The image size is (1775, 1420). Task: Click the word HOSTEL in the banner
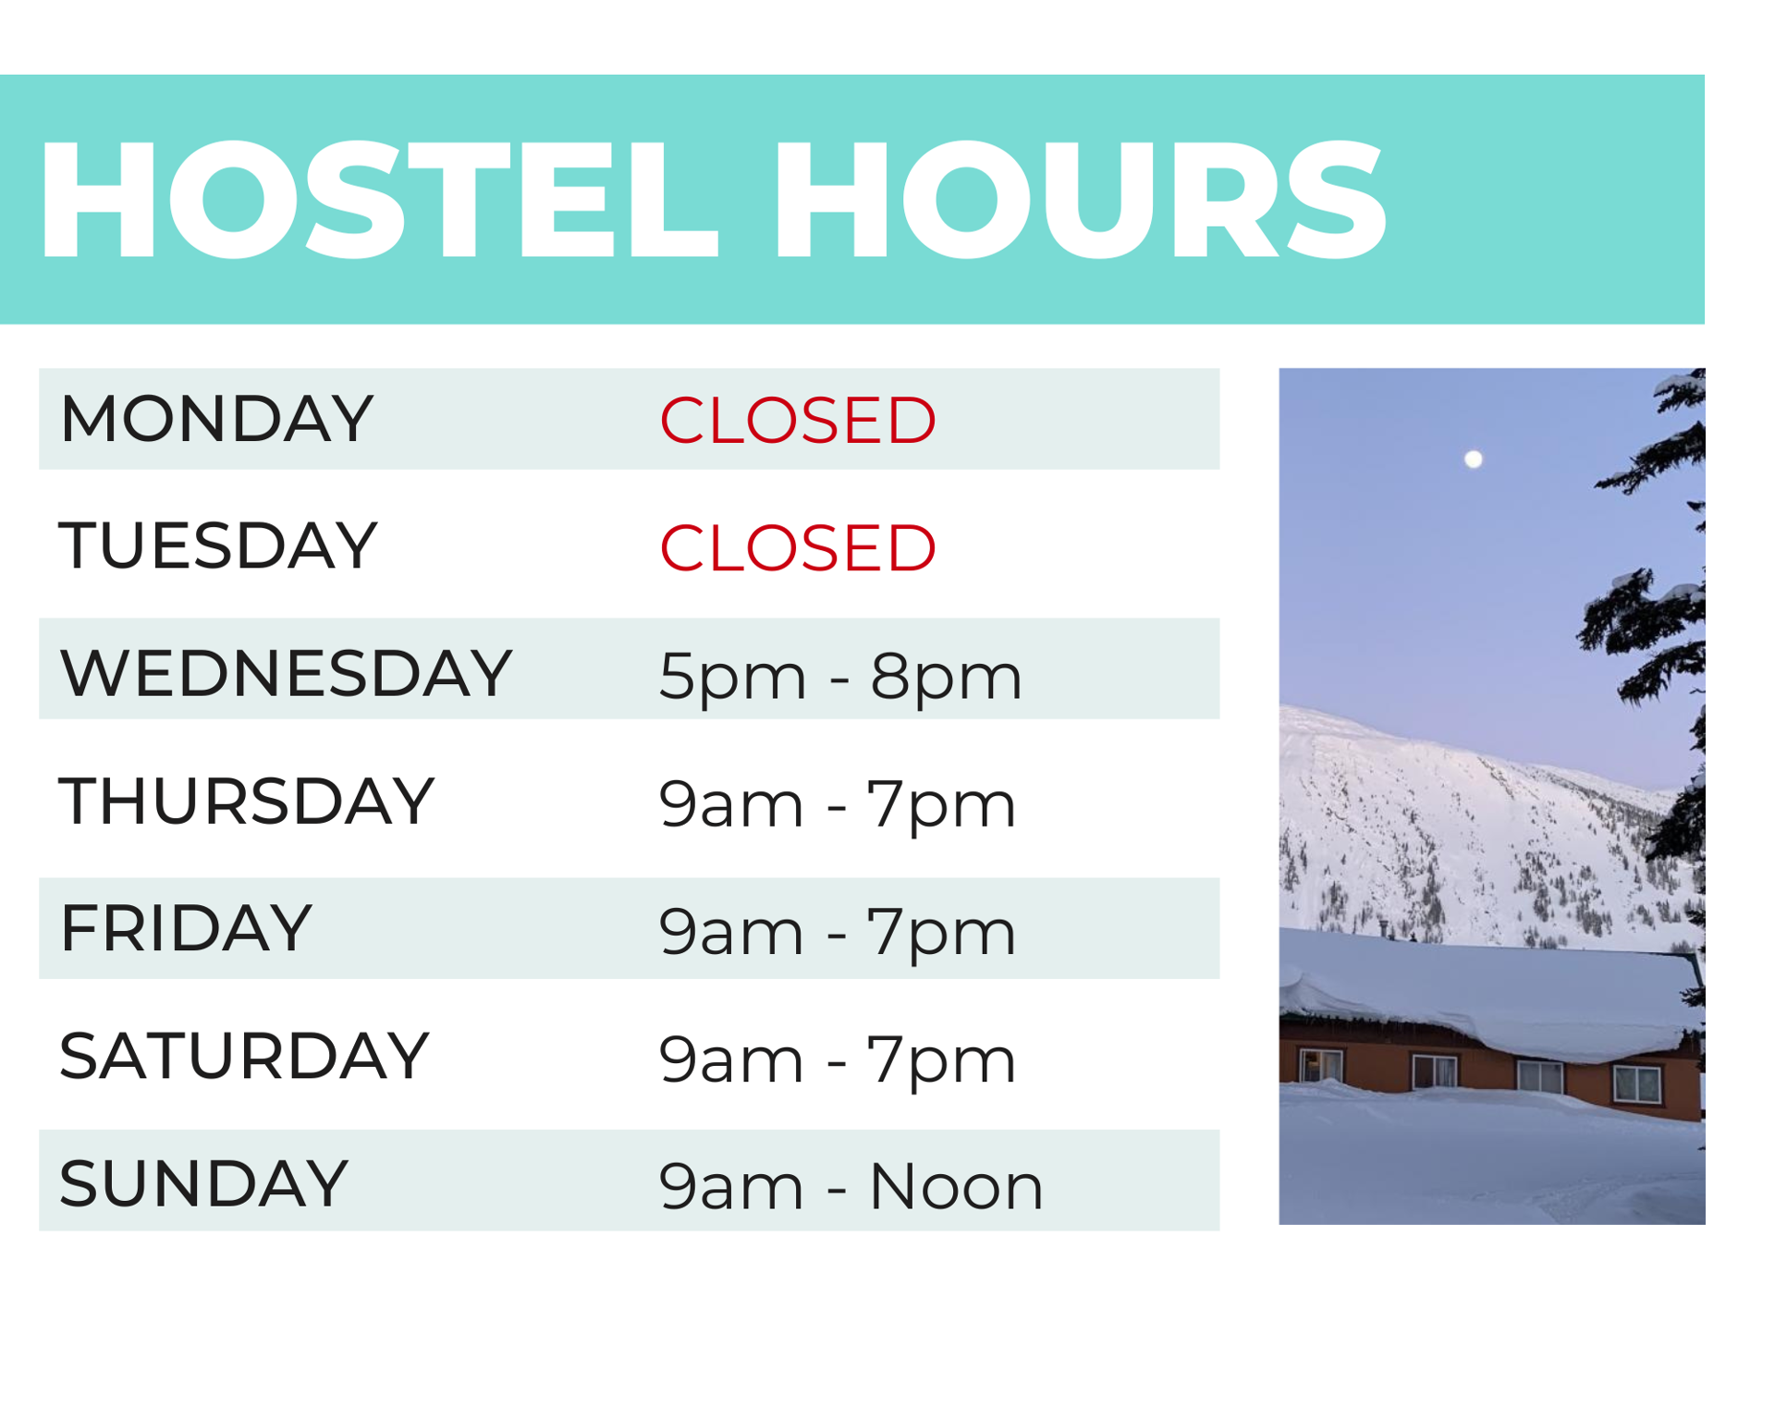(x=377, y=199)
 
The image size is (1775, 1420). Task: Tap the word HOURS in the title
(x=1080, y=199)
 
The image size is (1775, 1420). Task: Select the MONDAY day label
(x=216, y=419)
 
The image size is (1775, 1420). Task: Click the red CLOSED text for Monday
(x=797, y=421)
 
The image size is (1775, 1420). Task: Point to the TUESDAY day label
(x=218, y=545)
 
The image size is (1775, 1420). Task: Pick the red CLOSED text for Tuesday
(x=797, y=548)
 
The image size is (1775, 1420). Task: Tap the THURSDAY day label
(x=246, y=801)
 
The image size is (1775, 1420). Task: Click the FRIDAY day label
(x=186, y=928)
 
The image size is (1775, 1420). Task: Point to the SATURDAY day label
(x=244, y=1056)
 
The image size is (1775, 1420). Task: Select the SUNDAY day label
(x=203, y=1183)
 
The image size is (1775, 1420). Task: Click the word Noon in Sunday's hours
(x=956, y=1187)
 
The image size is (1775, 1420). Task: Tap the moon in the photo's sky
(x=1474, y=459)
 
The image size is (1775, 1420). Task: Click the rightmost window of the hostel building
(x=1636, y=1083)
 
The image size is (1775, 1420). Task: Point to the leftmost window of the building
(x=1321, y=1065)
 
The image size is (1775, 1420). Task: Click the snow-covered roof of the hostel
(x=1488, y=994)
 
